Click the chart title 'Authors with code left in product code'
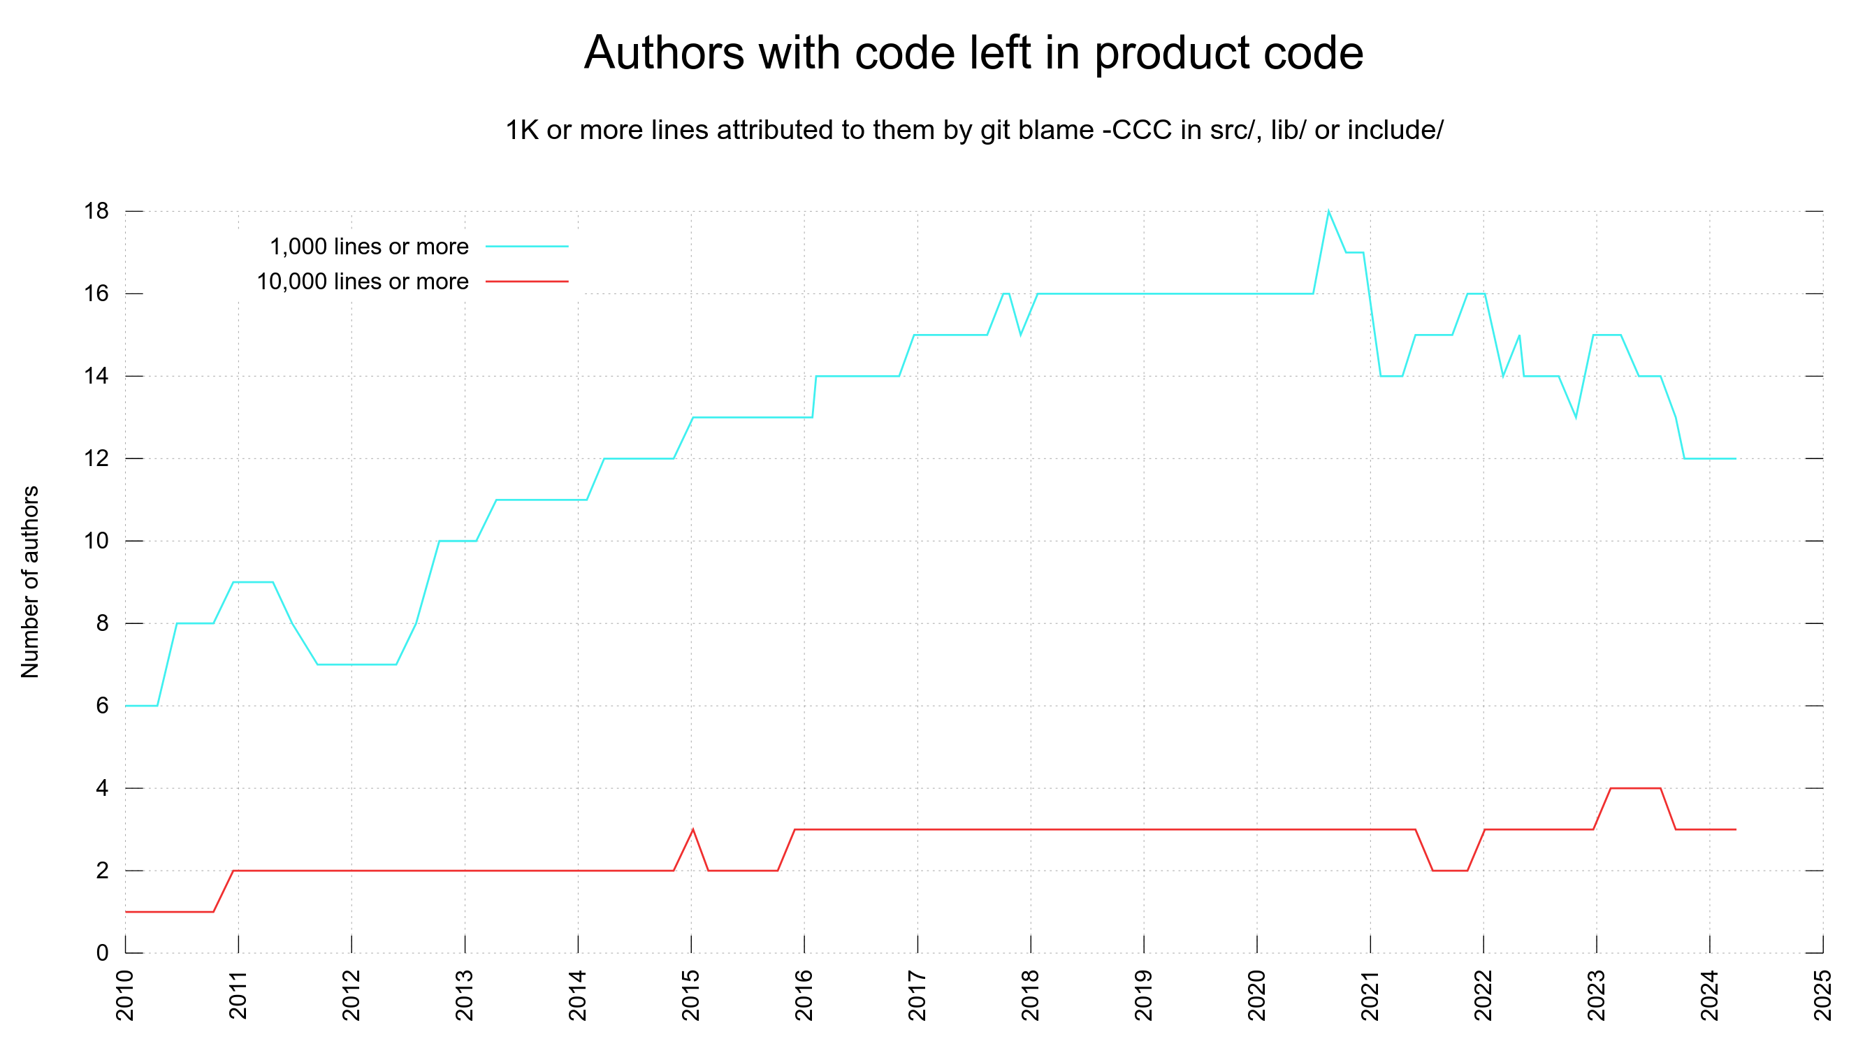pyautogui.click(x=973, y=53)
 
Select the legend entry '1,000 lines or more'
pyautogui.click(x=369, y=247)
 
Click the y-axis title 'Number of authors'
pyautogui.click(x=31, y=582)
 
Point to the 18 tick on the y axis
pyautogui.click(x=96, y=212)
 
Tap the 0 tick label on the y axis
pyautogui.click(x=102, y=952)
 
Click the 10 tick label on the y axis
pyautogui.click(x=96, y=541)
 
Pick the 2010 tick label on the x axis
pyautogui.click(x=125, y=995)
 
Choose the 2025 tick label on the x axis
pyautogui.click(x=1822, y=995)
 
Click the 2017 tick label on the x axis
pyautogui.click(x=917, y=995)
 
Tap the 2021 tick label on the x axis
pyautogui.click(x=1370, y=995)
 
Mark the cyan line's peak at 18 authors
pyautogui.click(x=1328, y=212)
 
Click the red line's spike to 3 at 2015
pyautogui.click(x=692, y=830)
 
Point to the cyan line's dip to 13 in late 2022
pyautogui.click(x=1576, y=417)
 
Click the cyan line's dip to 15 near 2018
pyautogui.click(x=1021, y=335)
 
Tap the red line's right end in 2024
pyautogui.click(x=1735, y=829)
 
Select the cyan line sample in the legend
pyautogui.click(x=527, y=247)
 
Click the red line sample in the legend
pyautogui.click(x=527, y=281)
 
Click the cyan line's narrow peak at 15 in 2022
pyautogui.click(x=1520, y=335)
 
